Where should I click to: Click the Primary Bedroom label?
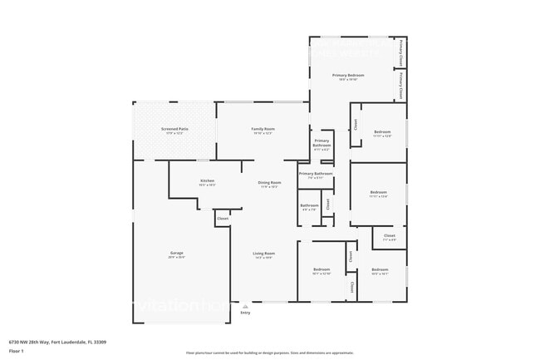click(348, 76)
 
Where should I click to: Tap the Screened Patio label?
click(174, 130)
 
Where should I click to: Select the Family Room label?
click(263, 130)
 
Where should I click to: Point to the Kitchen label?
click(207, 181)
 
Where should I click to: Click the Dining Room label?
click(269, 183)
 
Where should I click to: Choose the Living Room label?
click(263, 254)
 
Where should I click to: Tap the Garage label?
click(177, 254)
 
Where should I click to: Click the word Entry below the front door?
click(245, 313)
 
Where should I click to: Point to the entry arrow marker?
click(245, 305)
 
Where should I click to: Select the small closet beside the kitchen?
click(223, 219)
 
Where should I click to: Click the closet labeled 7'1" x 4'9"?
click(389, 237)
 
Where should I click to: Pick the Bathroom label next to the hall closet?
click(309, 205)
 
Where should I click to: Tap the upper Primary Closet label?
click(401, 52)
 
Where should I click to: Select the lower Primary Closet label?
click(401, 86)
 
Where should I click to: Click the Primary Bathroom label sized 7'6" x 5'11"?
click(316, 175)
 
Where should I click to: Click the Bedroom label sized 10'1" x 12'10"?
click(322, 270)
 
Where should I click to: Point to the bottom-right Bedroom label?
click(380, 270)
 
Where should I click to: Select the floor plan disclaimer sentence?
click(269, 353)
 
